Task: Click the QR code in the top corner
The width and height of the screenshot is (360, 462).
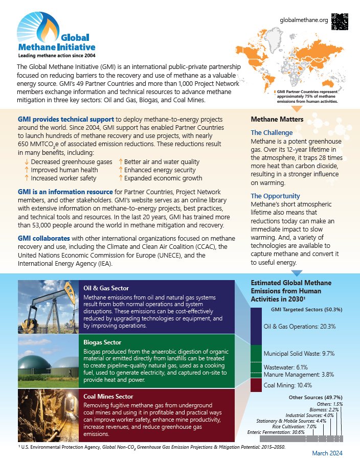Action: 340,20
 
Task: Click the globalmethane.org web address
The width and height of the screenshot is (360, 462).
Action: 304,20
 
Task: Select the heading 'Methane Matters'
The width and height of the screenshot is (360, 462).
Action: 277,119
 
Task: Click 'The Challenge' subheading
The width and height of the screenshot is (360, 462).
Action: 272,133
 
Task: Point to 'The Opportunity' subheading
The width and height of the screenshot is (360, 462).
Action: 276,196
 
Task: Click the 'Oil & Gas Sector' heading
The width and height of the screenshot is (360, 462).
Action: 106,288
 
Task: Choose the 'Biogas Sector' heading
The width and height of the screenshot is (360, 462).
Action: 102,342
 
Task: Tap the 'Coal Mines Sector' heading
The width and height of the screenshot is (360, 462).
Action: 108,396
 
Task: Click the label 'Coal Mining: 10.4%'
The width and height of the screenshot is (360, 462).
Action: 287,385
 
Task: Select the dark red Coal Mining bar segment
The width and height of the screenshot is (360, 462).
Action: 256,385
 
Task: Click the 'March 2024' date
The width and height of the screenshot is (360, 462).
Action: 327,453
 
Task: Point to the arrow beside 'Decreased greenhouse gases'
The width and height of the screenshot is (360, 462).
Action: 26,162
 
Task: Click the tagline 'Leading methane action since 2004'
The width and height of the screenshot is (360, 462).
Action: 56,55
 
